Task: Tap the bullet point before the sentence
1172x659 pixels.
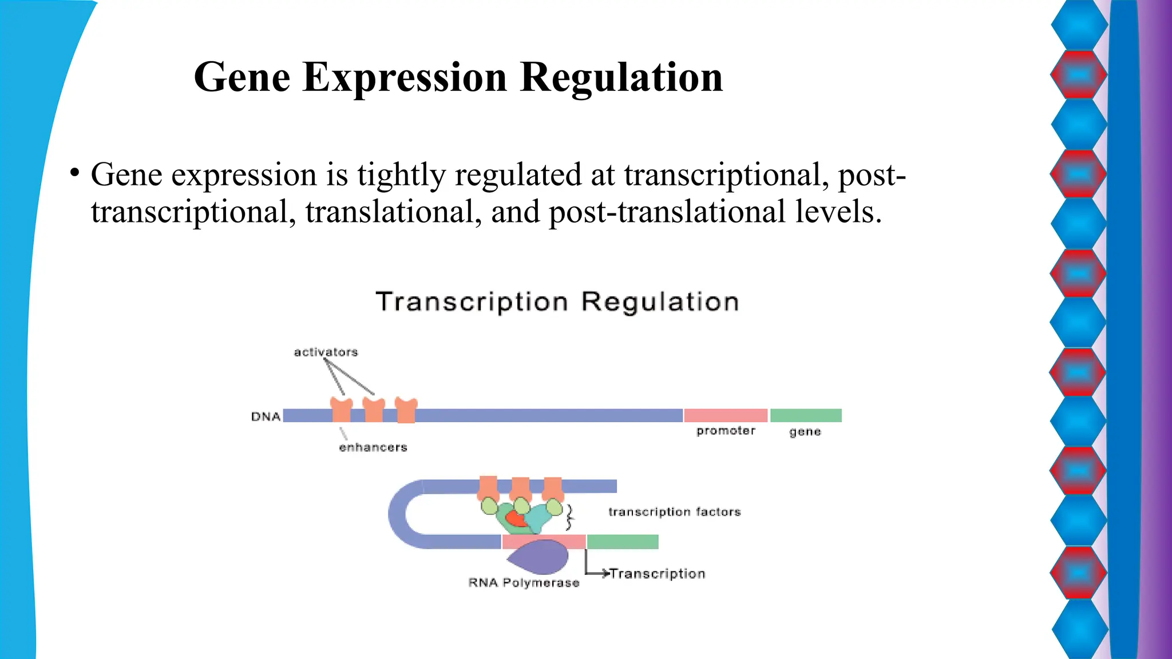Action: pyautogui.click(x=74, y=172)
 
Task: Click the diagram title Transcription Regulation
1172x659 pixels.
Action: pyautogui.click(x=557, y=301)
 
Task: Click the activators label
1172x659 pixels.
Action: pyautogui.click(x=326, y=352)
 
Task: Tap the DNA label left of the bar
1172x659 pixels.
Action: pyautogui.click(x=266, y=416)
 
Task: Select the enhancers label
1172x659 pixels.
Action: pyautogui.click(x=373, y=447)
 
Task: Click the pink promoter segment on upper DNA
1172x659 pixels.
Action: pyautogui.click(x=725, y=415)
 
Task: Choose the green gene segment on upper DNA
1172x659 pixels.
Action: pyautogui.click(x=806, y=415)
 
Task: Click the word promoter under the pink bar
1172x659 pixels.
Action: pyautogui.click(x=726, y=431)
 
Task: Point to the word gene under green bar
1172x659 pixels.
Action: pyautogui.click(x=805, y=431)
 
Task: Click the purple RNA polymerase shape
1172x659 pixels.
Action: pyautogui.click(x=541, y=558)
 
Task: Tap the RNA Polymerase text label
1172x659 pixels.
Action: pyautogui.click(x=524, y=583)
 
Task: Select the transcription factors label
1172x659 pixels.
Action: pyautogui.click(x=674, y=512)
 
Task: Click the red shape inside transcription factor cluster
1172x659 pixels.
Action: pyautogui.click(x=516, y=518)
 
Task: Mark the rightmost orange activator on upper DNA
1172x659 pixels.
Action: pyautogui.click(x=406, y=410)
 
